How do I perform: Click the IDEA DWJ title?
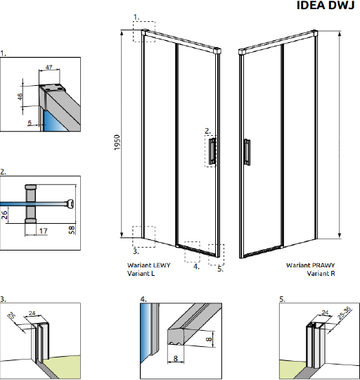[326, 5]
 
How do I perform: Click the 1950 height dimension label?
[117, 142]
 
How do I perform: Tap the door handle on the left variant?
[212, 151]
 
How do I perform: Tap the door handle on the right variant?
[247, 152]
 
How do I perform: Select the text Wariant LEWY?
[149, 265]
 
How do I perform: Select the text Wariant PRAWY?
[311, 265]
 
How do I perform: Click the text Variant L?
[141, 273]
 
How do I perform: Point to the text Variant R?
[321, 273]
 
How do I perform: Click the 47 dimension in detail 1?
[49, 67]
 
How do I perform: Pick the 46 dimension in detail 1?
[20, 96]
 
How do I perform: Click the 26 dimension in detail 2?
[4, 215]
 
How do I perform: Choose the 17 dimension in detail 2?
[44, 231]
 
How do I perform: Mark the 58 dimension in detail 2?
[72, 229]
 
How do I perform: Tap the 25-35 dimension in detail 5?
[345, 313]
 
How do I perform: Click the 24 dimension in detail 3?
[32, 313]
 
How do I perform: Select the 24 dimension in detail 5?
[325, 312]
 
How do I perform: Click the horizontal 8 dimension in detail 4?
[176, 358]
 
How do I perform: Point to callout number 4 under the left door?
[196, 267]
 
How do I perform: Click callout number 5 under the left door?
[220, 269]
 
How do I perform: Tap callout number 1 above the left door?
[136, 17]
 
